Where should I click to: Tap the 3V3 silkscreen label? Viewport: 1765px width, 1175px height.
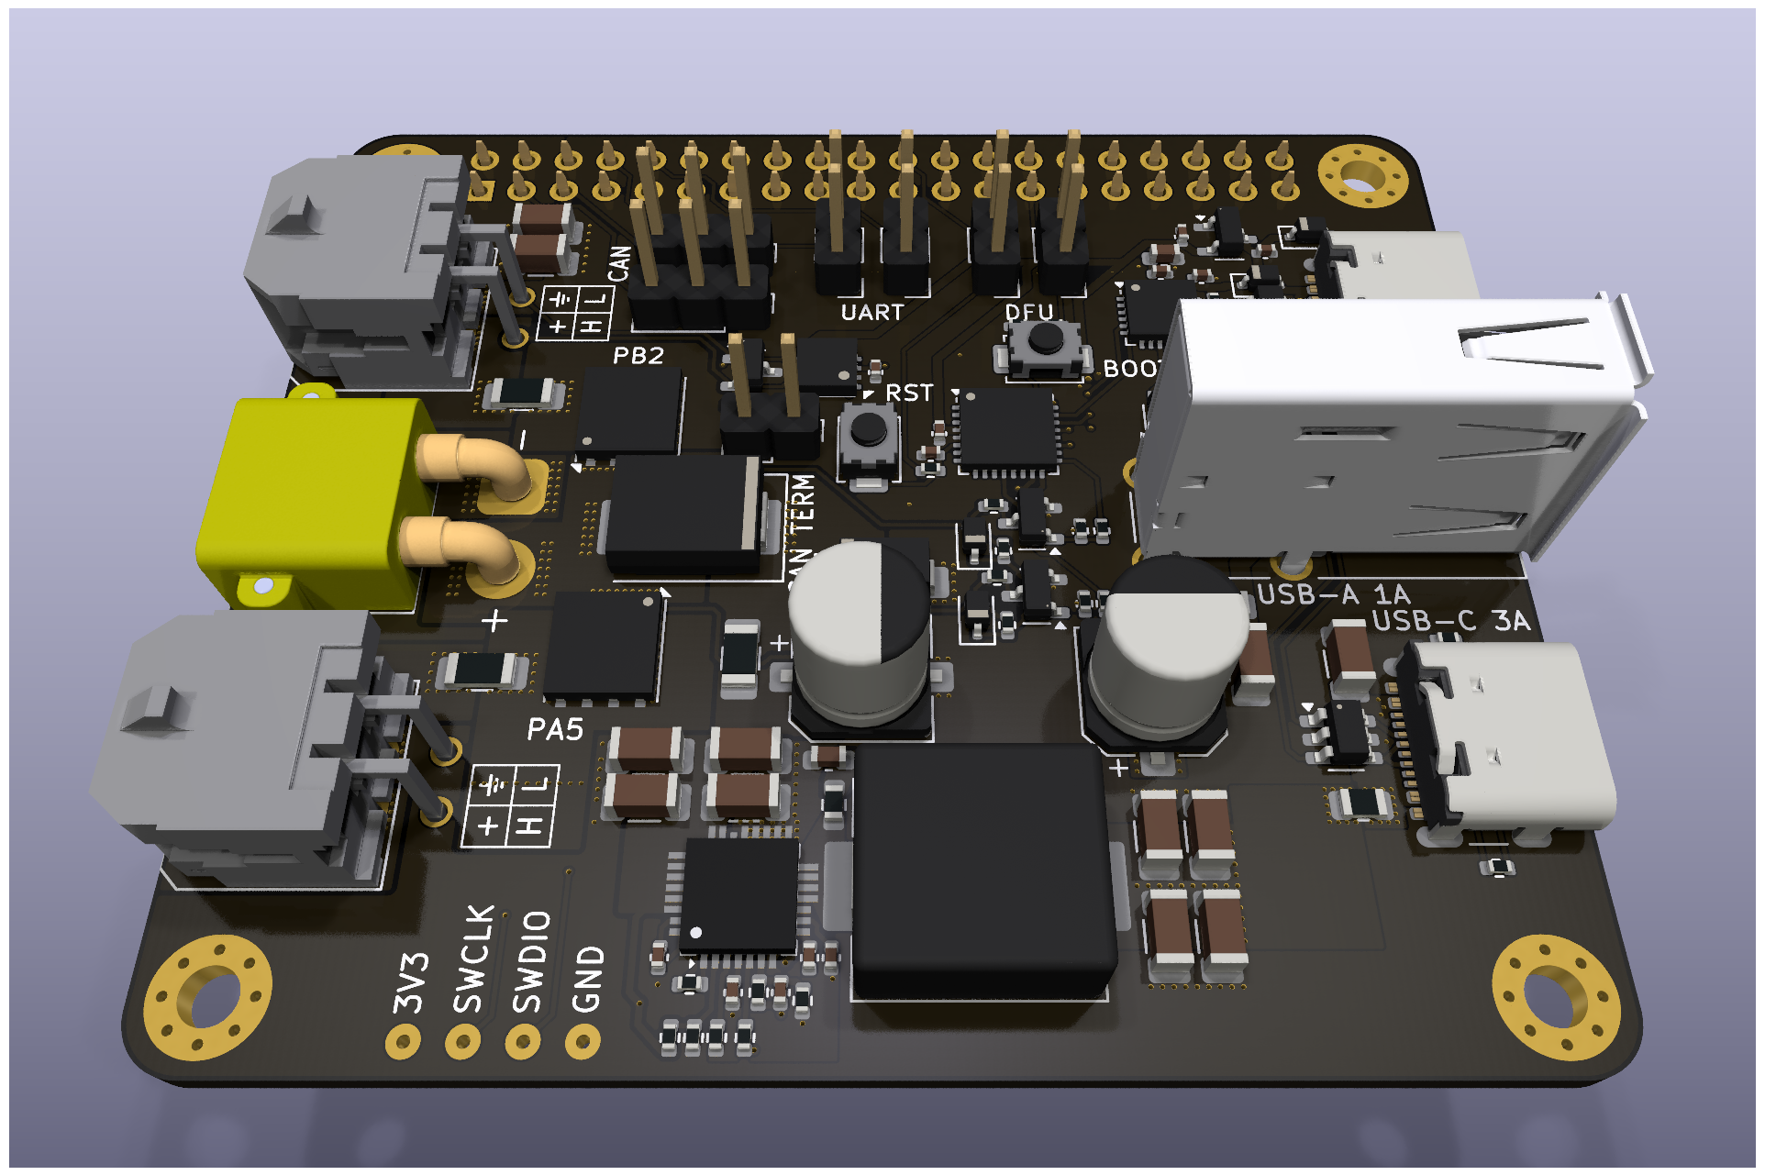click(411, 981)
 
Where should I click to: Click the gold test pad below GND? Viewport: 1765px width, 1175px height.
click(583, 1041)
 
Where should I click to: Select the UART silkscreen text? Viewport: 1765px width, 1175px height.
click(871, 313)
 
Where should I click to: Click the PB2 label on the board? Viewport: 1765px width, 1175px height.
click(638, 356)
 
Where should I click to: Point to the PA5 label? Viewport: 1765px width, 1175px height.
click(555, 730)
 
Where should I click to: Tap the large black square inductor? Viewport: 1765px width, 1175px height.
click(982, 871)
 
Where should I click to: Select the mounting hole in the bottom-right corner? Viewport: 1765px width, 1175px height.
click(1555, 997)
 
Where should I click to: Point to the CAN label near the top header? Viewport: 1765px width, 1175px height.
click(620, 263)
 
